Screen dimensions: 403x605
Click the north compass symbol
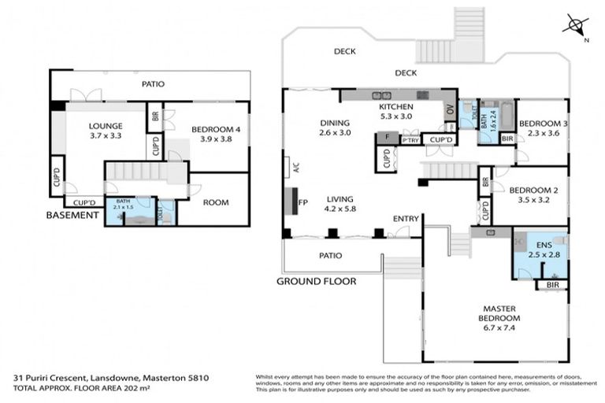click(x=575, y=25)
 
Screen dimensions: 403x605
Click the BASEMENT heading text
click(x=72, y=215)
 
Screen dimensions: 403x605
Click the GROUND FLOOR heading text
click(x=315, y=281)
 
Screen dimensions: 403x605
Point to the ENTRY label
click(x=405, y=219)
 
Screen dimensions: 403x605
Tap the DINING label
click(x=335, y=128)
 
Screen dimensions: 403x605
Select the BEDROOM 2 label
click(x=533, y=194)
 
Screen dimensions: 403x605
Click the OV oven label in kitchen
click(x=451, y=111)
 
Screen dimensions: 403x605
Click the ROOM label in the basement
click(x=216, y=202)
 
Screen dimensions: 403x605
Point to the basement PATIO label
click(x=153, y=83)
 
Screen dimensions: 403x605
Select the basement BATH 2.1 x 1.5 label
click(x=124, y=204)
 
